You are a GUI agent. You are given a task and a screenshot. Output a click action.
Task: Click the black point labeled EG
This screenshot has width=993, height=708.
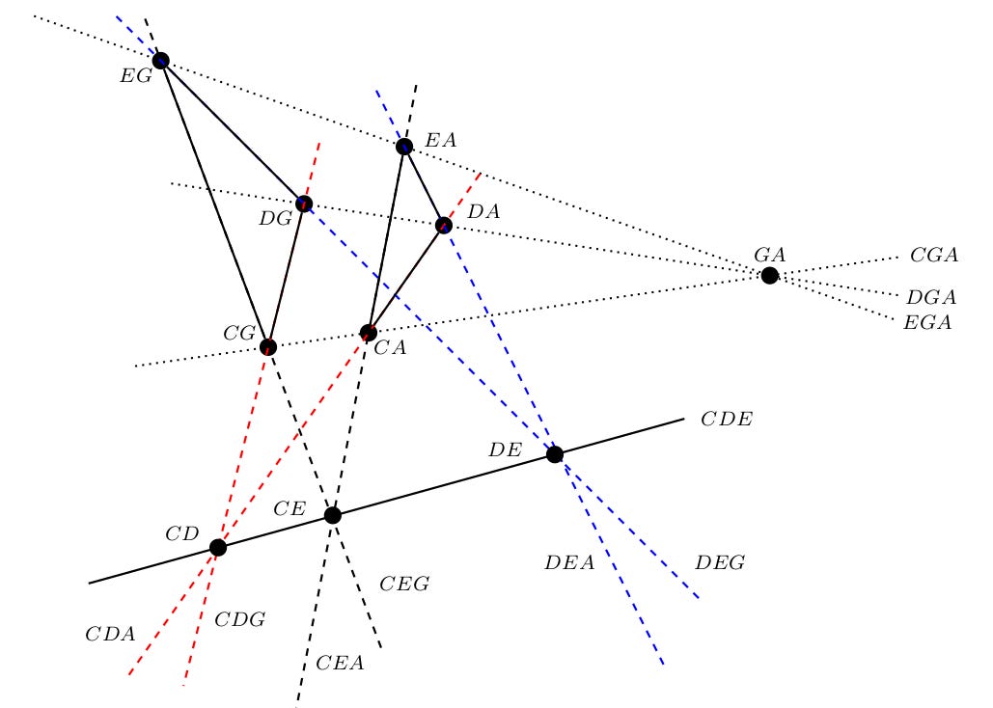[160, 61]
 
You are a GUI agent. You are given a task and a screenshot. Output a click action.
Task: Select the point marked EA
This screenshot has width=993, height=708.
[404, 147]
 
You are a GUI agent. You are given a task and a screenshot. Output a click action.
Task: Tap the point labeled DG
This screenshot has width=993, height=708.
[304, 204]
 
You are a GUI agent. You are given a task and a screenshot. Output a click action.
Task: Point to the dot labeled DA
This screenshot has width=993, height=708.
[444, 226]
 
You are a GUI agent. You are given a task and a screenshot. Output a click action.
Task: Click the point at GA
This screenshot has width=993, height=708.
[769, 276]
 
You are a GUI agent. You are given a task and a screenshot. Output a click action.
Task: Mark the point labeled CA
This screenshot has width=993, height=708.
[368, 333]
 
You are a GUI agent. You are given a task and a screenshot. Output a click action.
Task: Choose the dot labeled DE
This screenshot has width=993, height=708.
[555, 454]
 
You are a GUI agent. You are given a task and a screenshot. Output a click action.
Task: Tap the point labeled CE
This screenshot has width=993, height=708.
[333, 516]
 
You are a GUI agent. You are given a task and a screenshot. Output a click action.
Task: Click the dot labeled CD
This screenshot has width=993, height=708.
[218, 548]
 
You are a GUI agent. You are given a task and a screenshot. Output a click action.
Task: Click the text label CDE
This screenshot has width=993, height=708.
[726, 420]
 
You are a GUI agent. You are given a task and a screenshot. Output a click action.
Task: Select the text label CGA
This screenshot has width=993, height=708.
[933, 256]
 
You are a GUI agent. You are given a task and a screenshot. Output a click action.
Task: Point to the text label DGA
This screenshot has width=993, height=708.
[930, 298]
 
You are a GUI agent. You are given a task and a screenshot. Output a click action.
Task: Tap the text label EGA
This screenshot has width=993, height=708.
[927, 323]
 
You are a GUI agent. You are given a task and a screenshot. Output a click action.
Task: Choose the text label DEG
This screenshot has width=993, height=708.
[720, 563]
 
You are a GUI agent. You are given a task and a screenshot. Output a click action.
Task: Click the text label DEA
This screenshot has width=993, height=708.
[569, 563]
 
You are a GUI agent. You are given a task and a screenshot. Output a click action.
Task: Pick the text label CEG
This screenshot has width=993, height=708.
[404, 584]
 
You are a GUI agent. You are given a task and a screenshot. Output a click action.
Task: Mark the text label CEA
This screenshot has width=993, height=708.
[340, 663]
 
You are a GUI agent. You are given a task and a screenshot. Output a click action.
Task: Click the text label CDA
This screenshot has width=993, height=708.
[110, 635]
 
